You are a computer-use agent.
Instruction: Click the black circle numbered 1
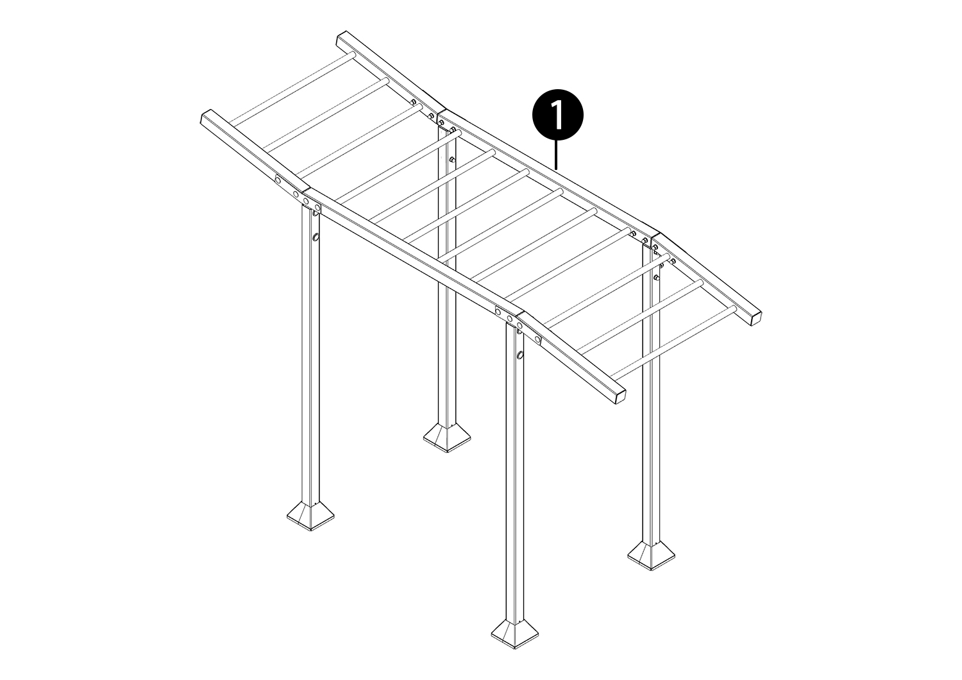[558, 114]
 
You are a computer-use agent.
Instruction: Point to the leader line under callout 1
[557, 155]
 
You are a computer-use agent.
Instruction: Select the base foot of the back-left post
[446, 437]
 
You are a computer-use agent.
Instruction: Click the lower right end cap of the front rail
[619, 398]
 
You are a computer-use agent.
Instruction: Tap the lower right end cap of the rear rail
[755, 318]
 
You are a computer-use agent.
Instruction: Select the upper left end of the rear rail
[341, 38]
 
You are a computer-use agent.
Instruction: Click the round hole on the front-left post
[316, 237]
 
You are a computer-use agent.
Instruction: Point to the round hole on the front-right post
[520, 355]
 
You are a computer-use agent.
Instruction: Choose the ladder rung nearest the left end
[291, 89]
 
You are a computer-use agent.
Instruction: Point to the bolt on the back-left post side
[451, 159]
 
